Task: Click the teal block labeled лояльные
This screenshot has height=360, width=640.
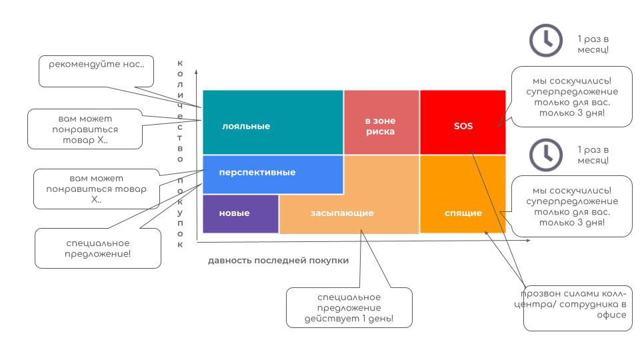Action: [x=273, y=123]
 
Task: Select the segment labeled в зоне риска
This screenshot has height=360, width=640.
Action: [x=381, y=123]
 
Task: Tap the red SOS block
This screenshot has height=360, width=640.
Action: [x=463, y=123]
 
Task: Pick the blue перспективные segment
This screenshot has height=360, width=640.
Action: [x=273, y=174]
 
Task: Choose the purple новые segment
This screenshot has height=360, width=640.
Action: [x=241, y=214]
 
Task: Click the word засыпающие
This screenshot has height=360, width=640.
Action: [x=342, y=213]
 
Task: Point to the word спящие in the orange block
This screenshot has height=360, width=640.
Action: [x=463, y=213]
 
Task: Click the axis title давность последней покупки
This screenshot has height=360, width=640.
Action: [x=279, y=261]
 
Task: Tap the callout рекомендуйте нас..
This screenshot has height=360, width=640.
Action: [x=96, y=71]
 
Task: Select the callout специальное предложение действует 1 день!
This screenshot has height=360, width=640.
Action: [x=349, y=307]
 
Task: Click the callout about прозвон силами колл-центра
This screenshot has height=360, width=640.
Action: [x=577, y=308]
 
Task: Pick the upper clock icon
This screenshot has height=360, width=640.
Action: [x=546, y=41]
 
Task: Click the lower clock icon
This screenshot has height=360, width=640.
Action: [x=546, y=155]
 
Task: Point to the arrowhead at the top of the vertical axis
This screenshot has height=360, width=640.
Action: [x=196, y=72]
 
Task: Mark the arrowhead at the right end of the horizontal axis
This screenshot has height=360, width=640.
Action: [x=528, y=241]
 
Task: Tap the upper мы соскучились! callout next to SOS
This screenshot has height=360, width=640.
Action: [x=572, y=97]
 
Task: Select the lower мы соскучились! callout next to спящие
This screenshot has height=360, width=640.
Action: [x=572, y=206]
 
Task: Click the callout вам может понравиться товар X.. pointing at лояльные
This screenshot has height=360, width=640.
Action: [x=85, y=129]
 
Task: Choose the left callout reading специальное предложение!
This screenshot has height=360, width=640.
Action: [x=98, y=248]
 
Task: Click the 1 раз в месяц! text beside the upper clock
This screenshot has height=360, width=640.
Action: [x=593, y=44]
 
